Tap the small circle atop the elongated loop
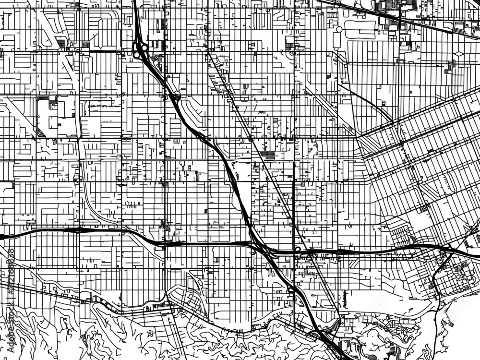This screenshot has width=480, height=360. pos(339,29)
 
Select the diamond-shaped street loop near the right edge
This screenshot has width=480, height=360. pos(458,54)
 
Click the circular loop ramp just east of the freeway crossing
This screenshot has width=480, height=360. pos(297,249)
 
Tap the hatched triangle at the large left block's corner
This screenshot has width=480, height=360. pos(41,134)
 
